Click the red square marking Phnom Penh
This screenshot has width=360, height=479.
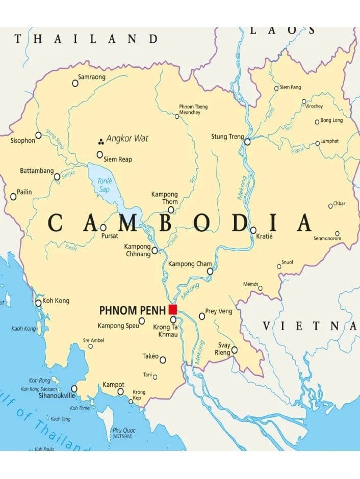click(173, 309)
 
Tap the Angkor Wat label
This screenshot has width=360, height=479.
click(127, 138)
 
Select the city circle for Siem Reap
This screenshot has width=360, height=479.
click(100, 154)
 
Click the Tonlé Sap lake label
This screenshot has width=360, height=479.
click(105, 184)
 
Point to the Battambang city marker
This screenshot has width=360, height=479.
click(57, 177)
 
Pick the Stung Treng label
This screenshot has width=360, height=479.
click(226, 137)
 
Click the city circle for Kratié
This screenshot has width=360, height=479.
click(253, 230)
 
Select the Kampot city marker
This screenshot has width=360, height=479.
click(120, 392)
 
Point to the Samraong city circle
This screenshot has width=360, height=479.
click(75, 83)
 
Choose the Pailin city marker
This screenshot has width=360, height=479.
click(13, 197)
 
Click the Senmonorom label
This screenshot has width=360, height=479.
click(326, 238)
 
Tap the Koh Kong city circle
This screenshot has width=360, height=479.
click(38, 303)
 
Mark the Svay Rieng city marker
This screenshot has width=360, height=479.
click(235, 350)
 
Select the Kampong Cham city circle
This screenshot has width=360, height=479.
click(210, 271)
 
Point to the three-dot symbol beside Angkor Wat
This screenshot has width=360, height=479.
click(101, 141)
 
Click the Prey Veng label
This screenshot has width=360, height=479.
click(218, 311)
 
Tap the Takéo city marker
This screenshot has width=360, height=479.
click(163, 360)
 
